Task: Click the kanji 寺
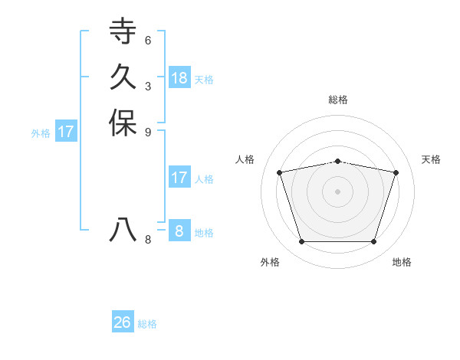tap(123, 31)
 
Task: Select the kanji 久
tap(123, 77)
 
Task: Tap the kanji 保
tap(123, 123)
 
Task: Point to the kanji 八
tap(123, 230)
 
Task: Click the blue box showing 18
tap(179, 77)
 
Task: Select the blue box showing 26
tap(123, 322)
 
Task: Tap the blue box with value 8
tap(179, 231)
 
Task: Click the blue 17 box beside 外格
tap(66, 132)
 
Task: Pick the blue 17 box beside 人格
tap(179, 178)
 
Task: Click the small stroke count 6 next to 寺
tap(148, 40)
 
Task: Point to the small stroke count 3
tap(148, 86)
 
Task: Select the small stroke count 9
tap(148, 132)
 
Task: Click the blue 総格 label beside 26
tap(147, 324)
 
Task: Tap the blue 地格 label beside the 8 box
tap(204, 233)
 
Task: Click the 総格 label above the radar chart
tap(338, 100)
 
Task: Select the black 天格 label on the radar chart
tap(431, 159)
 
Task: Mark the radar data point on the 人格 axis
tap(280, 172)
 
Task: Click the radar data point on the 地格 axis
tap(373, 242)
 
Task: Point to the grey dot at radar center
tap(338, 191)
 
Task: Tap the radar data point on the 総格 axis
tap(338, 161)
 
